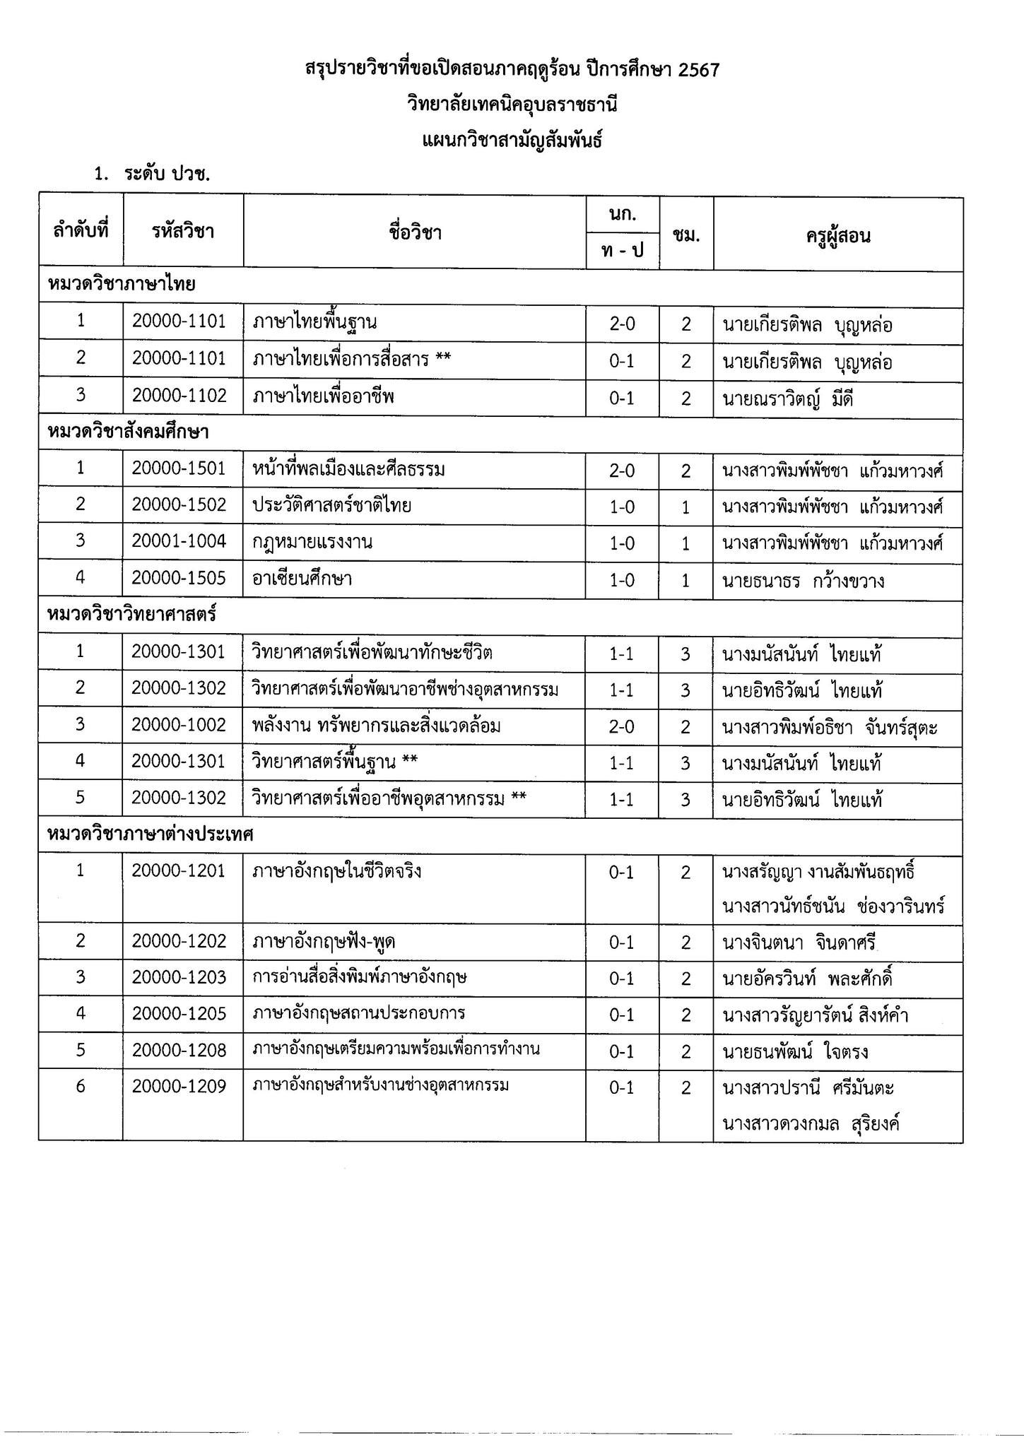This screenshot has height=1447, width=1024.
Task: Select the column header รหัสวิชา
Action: pos(182,231)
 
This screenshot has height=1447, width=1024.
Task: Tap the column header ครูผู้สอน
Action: pos(837,235)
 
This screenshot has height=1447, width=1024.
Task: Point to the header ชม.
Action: pos(686,235)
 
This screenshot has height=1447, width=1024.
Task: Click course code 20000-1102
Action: pos(179,396)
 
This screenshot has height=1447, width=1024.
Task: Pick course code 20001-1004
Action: pos(179,542)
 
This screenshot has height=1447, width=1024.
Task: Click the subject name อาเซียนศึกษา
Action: pos(302,579)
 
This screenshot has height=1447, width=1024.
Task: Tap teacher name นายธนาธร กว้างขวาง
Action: pos(803,581)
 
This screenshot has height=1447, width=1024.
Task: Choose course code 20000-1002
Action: pos(179,725)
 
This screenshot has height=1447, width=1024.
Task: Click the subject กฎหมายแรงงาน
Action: pos(312,543)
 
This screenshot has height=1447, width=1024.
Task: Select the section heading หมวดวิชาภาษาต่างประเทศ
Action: pos(150,834)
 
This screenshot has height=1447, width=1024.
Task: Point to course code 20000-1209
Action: pos(179,1086)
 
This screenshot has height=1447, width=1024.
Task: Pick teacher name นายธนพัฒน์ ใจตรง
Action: pos(794,1052)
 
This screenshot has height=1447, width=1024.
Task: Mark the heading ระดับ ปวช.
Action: pos(167,175)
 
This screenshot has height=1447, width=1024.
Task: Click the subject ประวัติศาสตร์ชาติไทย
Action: pos(332,505)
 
